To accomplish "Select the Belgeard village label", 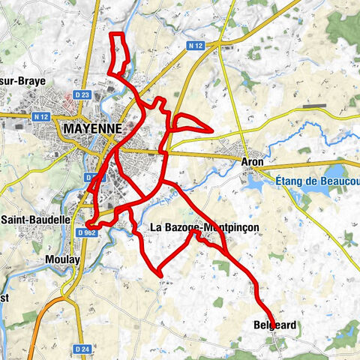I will pyautogui.click(x=275, y=325).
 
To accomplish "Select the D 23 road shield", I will pyautogui.click(x=82, y=94).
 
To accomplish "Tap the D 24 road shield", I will pyautogui.click(x=82, y=349).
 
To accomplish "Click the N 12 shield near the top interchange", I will pyautogui.click(x=196, y=46).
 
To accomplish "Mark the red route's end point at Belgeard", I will pyautogui.click(x=272, y=325).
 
